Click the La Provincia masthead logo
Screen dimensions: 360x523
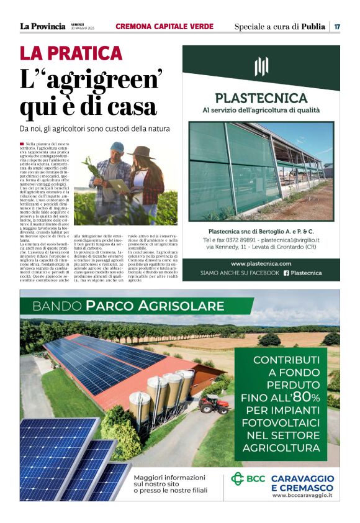click(x=42, y=26)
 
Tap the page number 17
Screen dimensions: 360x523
click(x=337, y=27)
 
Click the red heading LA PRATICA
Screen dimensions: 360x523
click(x=71, y=54)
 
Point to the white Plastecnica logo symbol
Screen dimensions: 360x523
click(x=261, y=66)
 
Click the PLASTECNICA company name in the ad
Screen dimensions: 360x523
click(x=261, y=98)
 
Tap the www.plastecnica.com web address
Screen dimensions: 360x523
click(x=261, y=263)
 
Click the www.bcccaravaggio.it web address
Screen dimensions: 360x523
click(x=302, y=495)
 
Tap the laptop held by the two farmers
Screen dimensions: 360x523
click(x=119, y=184)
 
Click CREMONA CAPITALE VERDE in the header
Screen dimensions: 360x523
click(x=164, y=26)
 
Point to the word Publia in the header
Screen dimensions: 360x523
click(x=313, y=26)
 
